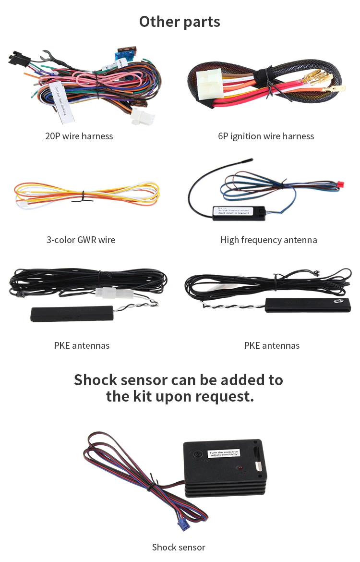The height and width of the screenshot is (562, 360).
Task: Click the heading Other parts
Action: point(180,22)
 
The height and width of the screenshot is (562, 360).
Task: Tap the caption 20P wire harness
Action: point(79,136)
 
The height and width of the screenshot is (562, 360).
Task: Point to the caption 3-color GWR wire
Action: point(81,240)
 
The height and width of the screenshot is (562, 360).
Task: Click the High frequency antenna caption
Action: point(268,240)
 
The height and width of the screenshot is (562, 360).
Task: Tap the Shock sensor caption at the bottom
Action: point(179,547)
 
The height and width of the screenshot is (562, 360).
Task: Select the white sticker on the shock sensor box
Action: point(223,453)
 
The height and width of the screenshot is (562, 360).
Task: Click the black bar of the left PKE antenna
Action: point(72,314)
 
